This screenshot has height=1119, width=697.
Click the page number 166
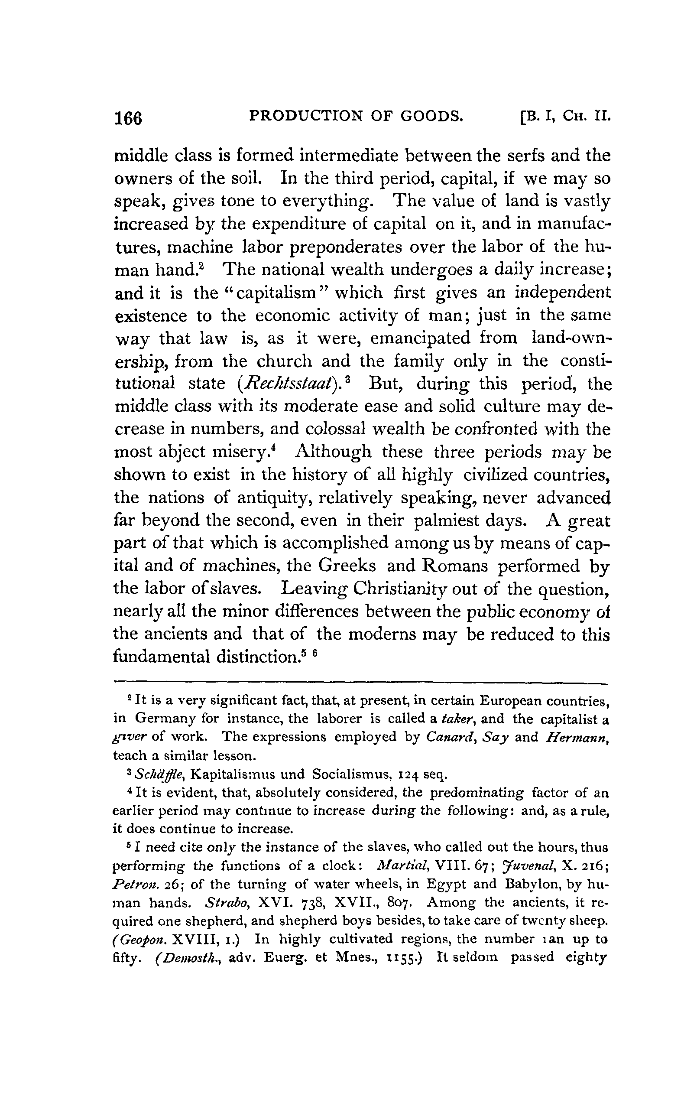(x=129, y=118)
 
